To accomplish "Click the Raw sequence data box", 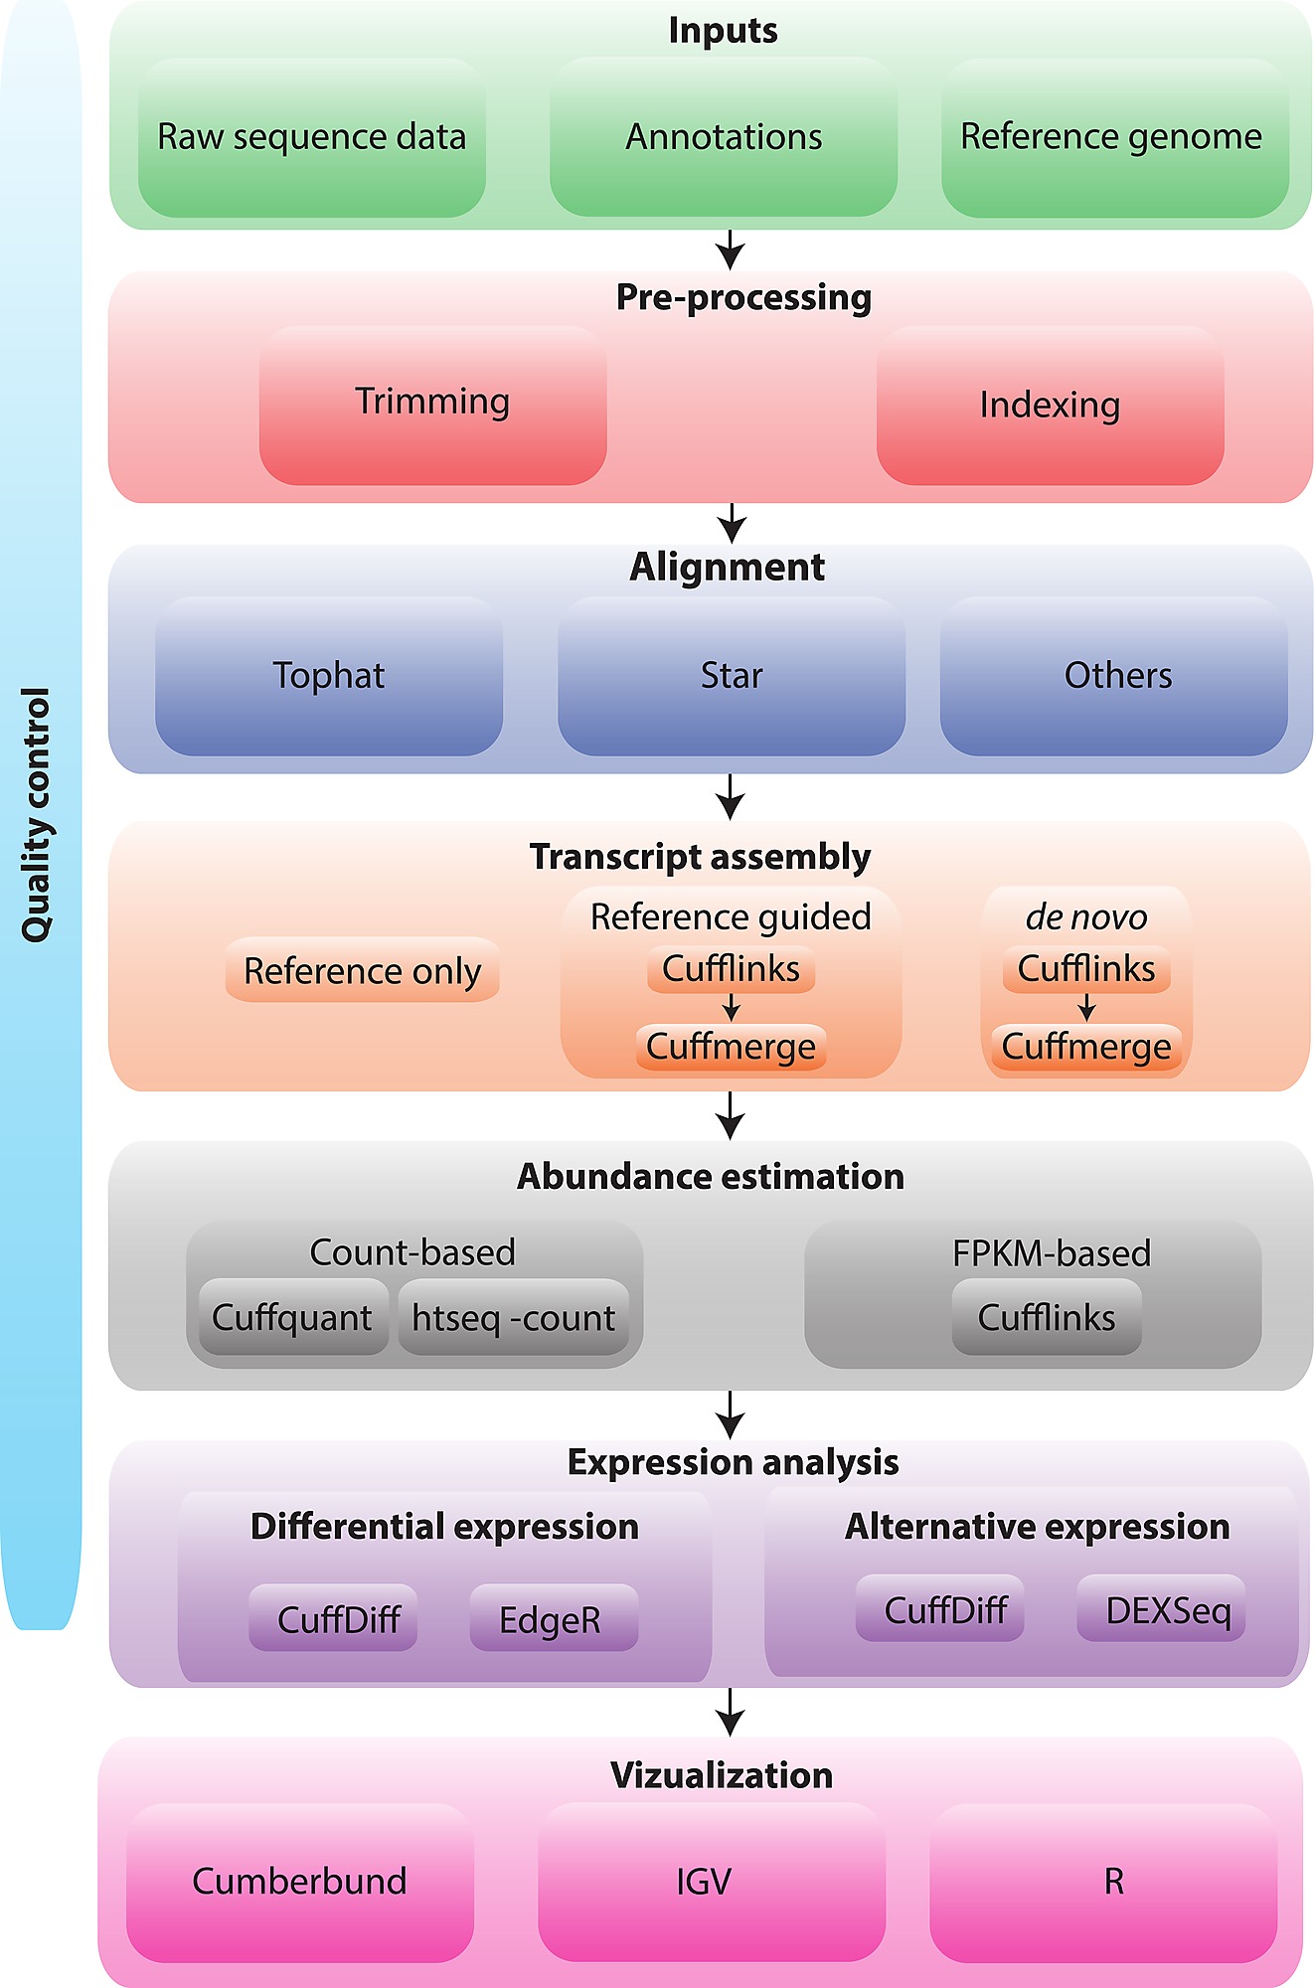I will point(311,137).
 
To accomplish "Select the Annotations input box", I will point(724,137).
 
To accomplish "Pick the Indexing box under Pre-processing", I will point(1050,405).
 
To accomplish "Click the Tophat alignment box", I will point(329,676).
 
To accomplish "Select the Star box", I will point(732,676).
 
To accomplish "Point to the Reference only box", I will point(362,970).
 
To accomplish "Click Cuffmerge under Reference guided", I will point(731,1047).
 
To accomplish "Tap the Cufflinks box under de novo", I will point(1086,969).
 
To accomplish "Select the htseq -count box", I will point(514,1318).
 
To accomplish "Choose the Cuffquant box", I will point(292,1318).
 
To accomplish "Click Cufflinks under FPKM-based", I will point(1047,1318).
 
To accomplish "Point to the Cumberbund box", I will point(299,1882).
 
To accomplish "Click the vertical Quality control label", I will point(37,815).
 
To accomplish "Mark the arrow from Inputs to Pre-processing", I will point(731,249).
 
